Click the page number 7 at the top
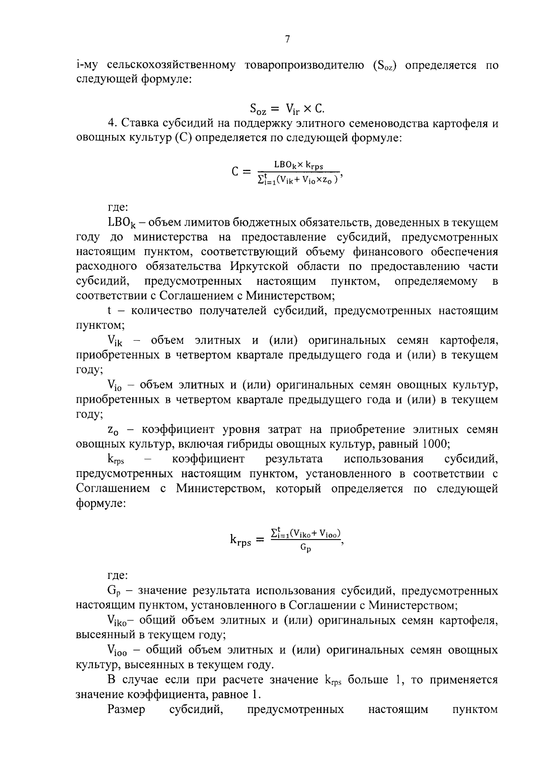[287, 39]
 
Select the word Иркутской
[260, 266]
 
